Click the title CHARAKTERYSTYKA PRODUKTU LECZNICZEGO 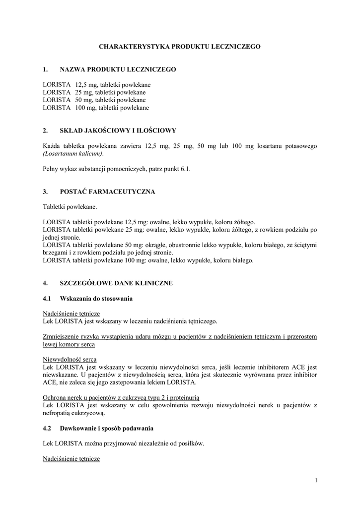[x=180, y=46]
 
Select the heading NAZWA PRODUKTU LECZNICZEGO [x=118, y=70]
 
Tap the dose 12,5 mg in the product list [x=83, y=85]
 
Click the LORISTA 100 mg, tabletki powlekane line [x=96, y=107]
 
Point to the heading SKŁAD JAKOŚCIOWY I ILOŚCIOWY [x=118, y=131]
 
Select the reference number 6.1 [x=185, y=169]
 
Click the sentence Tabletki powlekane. [x=70, y=206]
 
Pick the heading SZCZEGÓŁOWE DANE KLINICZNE [x=116, y=283]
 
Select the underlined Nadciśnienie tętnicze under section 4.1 [x=72, y=314]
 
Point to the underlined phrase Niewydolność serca [x=70, y=359]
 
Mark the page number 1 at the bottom [x=316, y=480]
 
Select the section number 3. [x=45, y=191]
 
